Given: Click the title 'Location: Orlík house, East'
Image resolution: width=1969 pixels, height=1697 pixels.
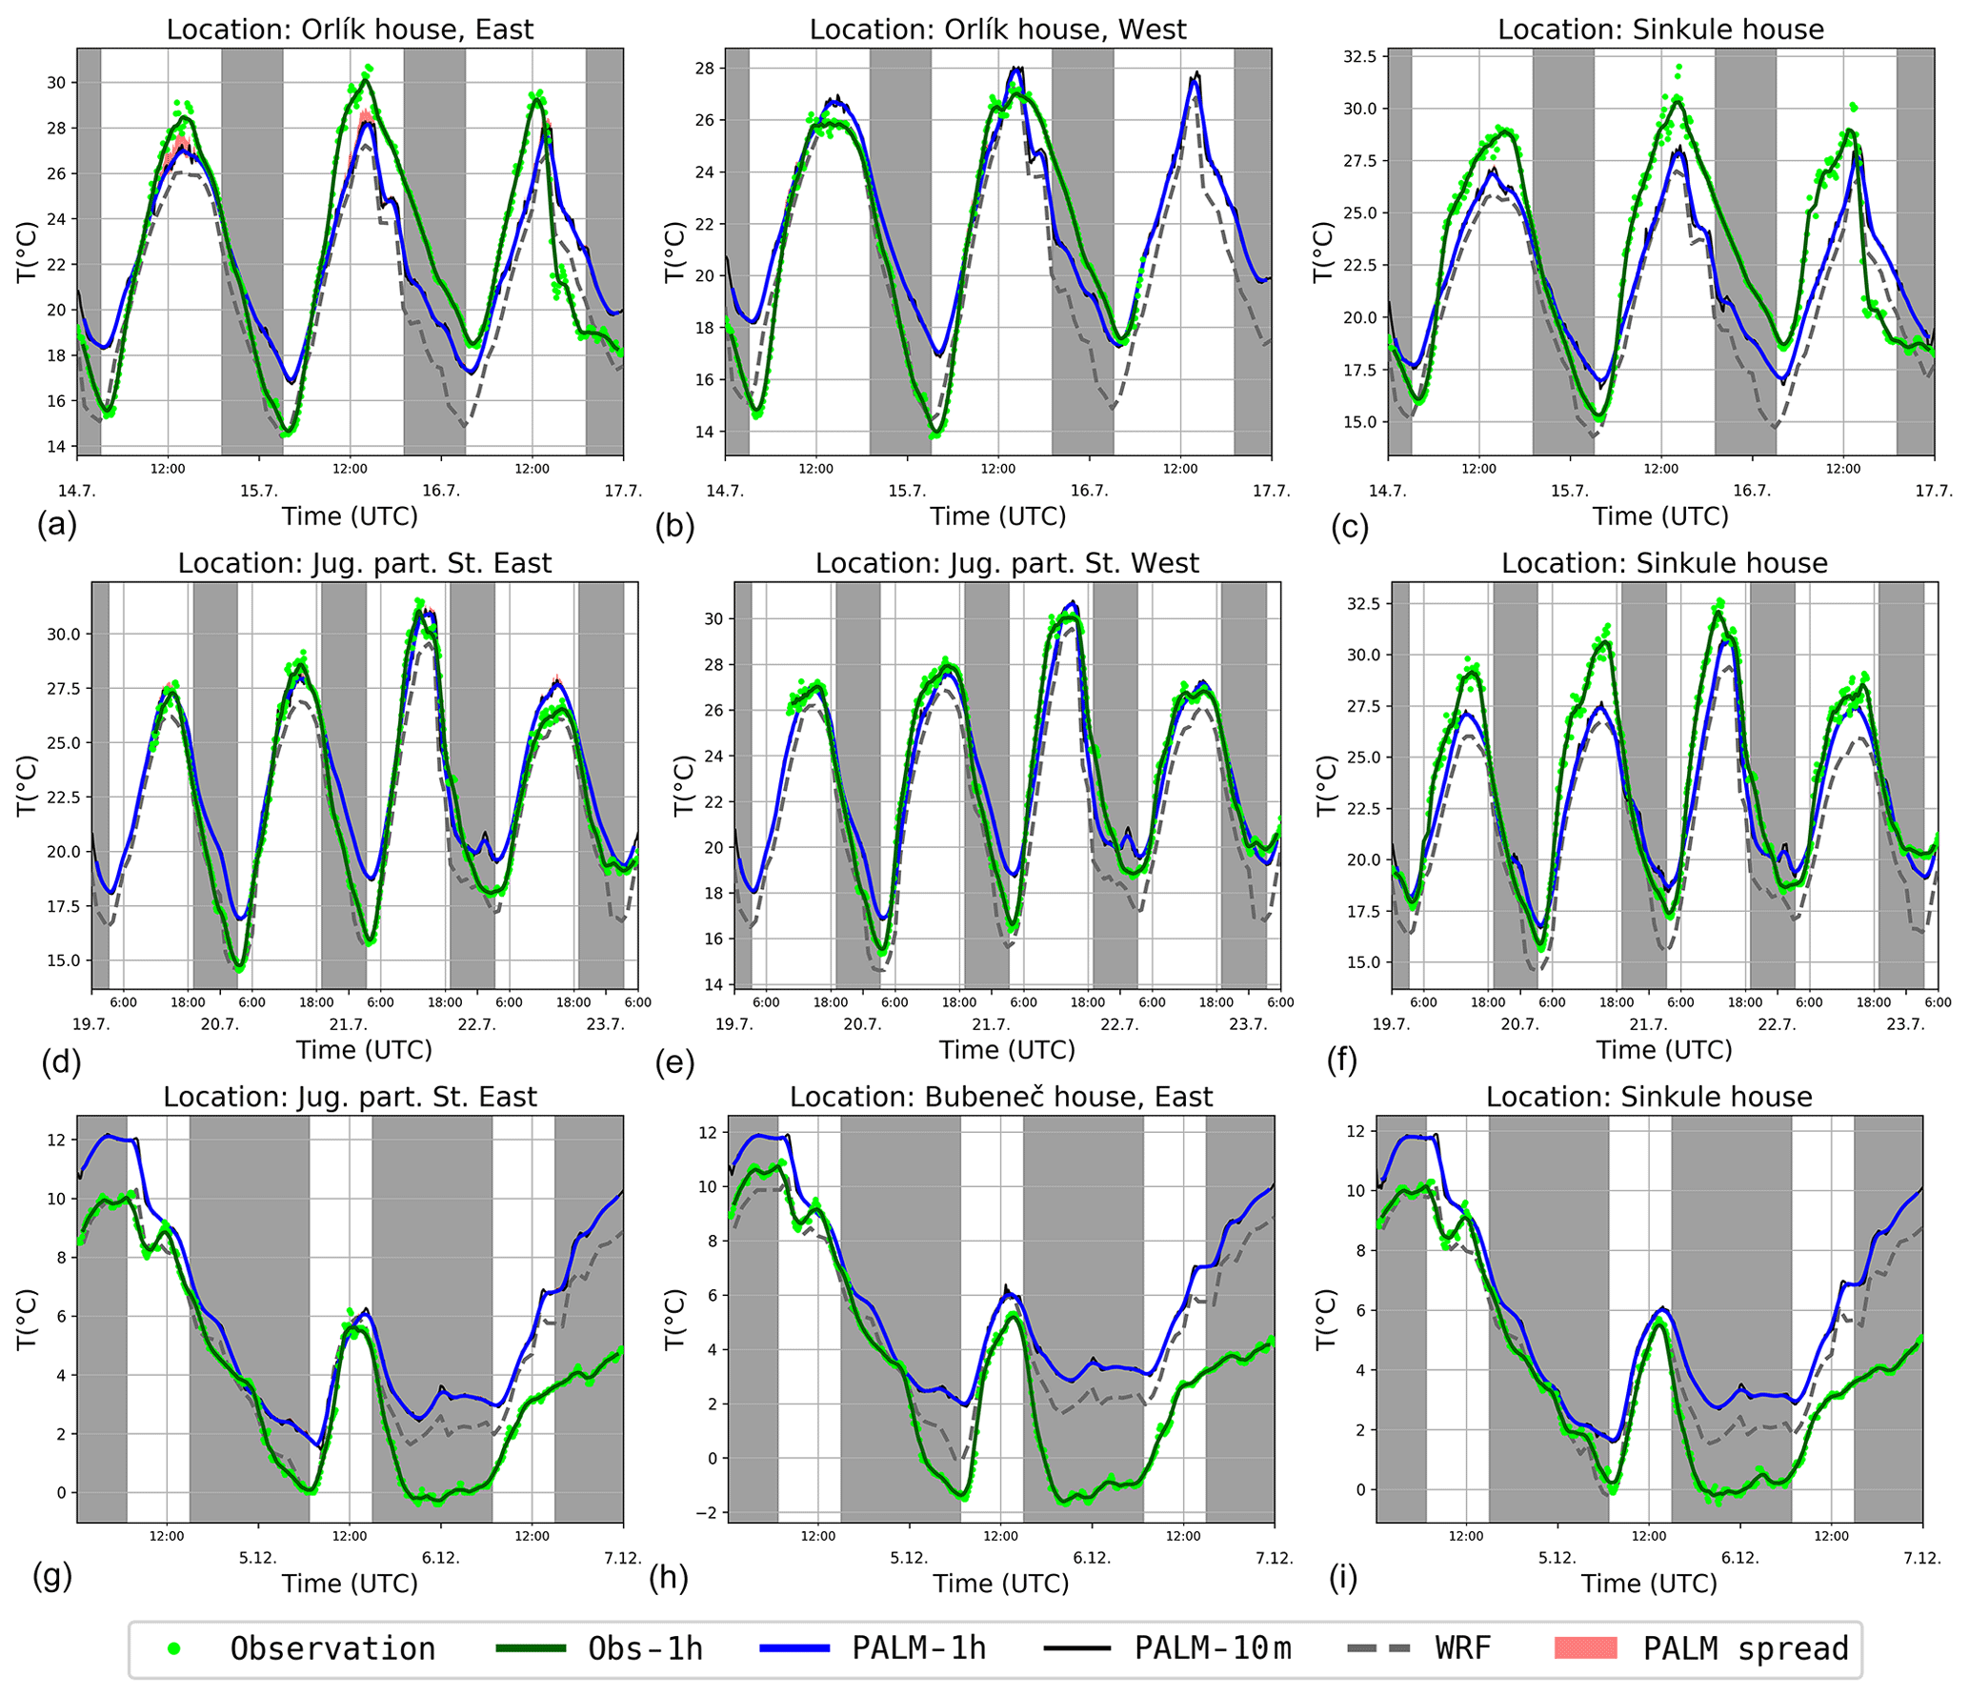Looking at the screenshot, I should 350,30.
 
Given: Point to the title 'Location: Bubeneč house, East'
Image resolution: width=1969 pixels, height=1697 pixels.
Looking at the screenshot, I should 1001,1097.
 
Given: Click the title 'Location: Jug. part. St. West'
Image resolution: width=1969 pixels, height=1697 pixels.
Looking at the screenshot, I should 1007,563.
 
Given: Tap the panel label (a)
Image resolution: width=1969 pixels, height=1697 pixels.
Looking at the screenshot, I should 56,525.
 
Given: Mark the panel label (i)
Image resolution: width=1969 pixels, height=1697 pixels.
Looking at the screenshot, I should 1342,1579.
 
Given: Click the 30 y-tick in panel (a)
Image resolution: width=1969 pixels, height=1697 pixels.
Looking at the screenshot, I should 56,83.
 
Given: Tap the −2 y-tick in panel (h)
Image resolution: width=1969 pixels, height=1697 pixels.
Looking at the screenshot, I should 710,1512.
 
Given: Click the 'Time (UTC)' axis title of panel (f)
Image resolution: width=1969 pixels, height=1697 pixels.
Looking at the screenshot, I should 1664,1050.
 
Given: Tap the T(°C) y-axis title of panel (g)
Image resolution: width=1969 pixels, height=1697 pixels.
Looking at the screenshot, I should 26,1319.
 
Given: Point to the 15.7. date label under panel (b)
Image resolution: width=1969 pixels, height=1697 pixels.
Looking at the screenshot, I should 907,491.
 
